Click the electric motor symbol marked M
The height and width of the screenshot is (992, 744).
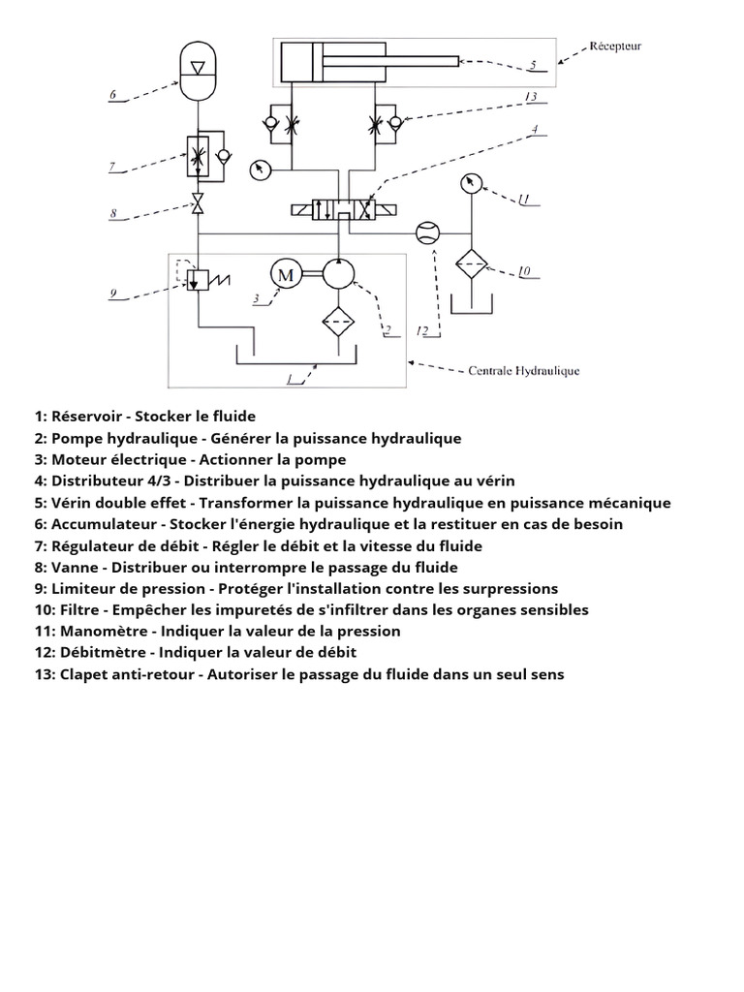click(286, 274)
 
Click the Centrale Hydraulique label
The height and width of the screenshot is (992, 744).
click(524, 369)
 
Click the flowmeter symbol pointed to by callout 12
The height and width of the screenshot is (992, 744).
click(426, 233)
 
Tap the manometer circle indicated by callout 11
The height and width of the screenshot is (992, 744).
click(471, 184)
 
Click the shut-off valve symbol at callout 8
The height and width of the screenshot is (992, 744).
click(198, 204)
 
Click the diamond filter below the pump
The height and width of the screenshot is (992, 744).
click(338, 320)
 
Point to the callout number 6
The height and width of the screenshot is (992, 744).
click(112, 95)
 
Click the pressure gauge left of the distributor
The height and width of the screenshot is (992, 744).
click(260, 169)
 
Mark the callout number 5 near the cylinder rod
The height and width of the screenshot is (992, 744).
click(533, 66)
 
